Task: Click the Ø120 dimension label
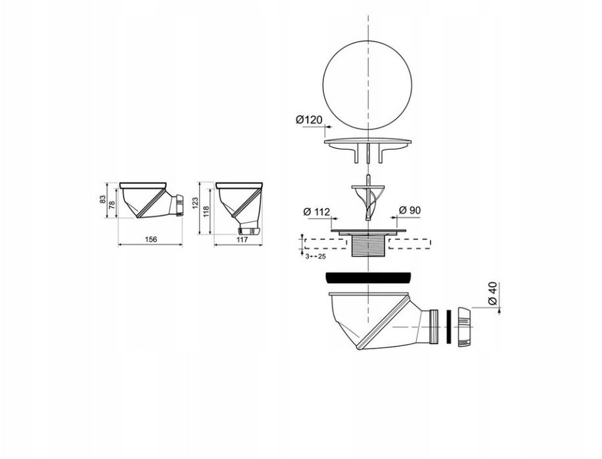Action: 309,120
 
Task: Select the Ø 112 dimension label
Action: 317,211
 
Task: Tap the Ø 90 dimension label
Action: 410,210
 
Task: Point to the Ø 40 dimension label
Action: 493,294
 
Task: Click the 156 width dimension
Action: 150,240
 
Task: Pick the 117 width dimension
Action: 242,240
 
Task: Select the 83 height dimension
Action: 103,200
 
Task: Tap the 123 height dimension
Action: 195,202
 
